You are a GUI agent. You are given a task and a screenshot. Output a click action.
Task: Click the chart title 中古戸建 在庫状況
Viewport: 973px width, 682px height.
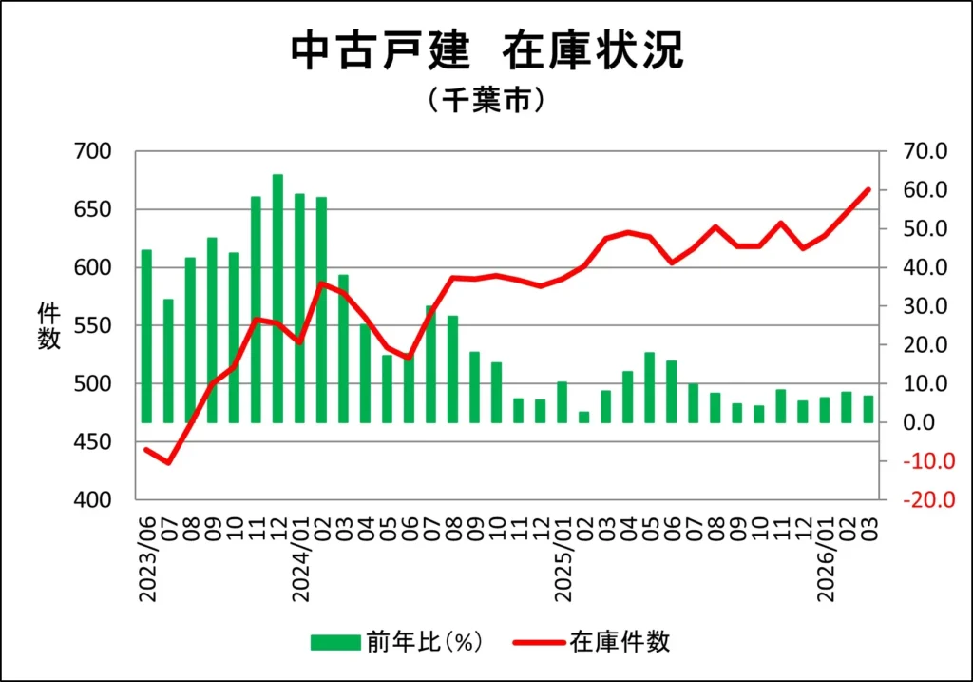coord(486,51)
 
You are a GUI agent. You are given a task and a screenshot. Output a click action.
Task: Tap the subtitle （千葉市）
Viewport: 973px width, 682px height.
coord(486,100)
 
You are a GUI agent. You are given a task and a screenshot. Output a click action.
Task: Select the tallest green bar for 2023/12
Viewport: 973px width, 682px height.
coord(277,298)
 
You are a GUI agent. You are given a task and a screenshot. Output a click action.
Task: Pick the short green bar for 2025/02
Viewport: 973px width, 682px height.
coord(583,417)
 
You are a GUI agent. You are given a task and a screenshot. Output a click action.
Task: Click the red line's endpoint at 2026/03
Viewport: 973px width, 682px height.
coord(868,189)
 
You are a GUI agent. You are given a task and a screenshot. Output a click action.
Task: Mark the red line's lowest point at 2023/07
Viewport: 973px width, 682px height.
coord(168,463)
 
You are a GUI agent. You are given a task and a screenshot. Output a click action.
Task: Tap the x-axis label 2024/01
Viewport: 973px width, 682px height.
coord(299,560)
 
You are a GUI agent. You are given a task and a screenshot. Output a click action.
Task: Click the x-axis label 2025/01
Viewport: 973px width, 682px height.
coord(562,560)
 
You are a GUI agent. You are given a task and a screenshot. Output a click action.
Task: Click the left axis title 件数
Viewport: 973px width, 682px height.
coord(48,325)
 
